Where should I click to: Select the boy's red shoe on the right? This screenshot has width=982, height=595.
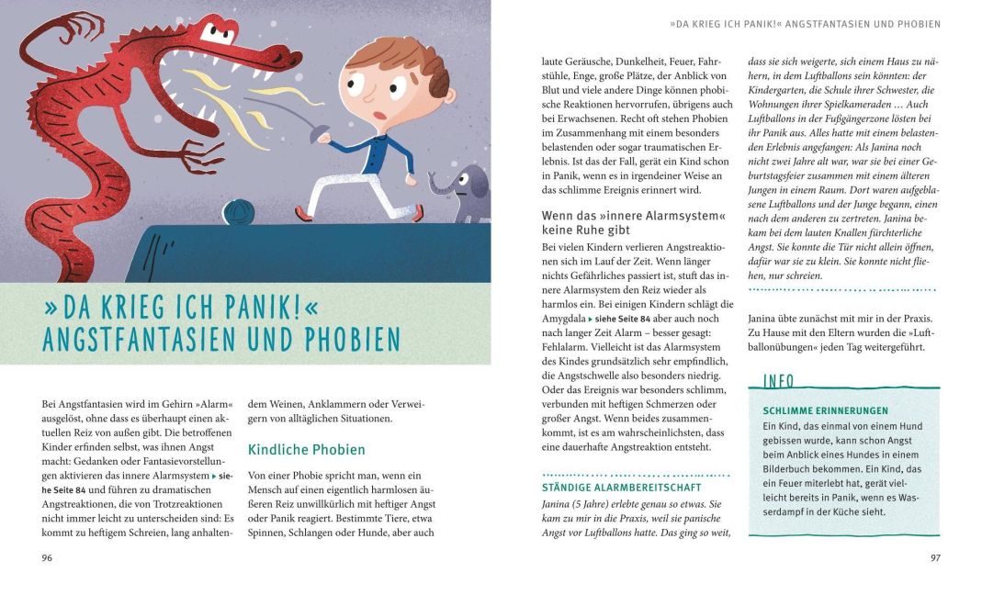coord(419,213)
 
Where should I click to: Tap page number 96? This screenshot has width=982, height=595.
coord(48,557)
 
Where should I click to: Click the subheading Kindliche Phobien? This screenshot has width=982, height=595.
coord(307,450)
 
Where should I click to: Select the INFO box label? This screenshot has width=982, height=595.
coord(778,381)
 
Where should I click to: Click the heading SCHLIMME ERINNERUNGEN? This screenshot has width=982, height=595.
coord(826,410)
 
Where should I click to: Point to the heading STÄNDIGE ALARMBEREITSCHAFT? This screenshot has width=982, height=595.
coord(621,488)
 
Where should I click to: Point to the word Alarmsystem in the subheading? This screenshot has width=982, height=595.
coord(673,216)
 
